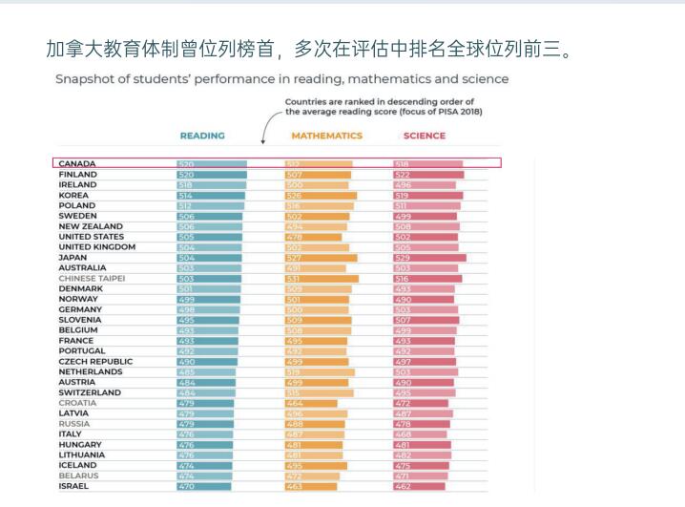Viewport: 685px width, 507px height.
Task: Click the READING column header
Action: point(202,136)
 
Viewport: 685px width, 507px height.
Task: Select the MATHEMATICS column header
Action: point(326,136)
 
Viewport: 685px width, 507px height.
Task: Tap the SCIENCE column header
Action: point(424,136)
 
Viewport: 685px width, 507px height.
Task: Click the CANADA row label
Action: point(77,164)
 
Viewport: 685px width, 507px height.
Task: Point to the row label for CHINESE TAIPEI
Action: point(91,278)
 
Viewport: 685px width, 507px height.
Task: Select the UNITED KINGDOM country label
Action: point(96,246)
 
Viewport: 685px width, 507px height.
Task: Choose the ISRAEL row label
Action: point(74,486)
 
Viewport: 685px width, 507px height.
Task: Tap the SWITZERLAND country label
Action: point(90,392)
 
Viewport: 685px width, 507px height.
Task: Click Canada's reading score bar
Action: point(212,164)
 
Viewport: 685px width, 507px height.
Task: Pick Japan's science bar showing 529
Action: point(429,258)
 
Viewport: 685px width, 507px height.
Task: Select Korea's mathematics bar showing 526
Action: point(322,196)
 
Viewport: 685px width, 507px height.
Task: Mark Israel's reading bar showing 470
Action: point(203,486)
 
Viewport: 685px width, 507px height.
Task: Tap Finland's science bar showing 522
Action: point(428,175)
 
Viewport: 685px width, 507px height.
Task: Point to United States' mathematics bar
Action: point(314,237)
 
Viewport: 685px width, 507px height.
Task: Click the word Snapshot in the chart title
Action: point(85,78)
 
